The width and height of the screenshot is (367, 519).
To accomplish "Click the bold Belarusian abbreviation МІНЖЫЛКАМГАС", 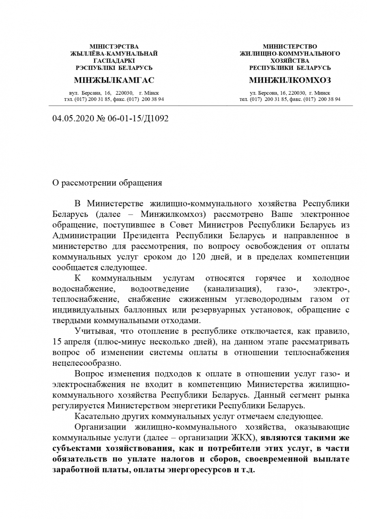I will (x=114, y=80).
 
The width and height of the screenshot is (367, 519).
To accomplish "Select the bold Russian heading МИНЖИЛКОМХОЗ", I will (x=290, y=80).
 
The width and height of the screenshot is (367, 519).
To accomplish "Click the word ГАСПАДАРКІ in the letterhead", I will (x=114, y=60).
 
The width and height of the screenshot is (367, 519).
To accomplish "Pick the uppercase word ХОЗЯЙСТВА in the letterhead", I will (x=290, y=60).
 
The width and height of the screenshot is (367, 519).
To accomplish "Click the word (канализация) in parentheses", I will (x=232, y=289).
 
